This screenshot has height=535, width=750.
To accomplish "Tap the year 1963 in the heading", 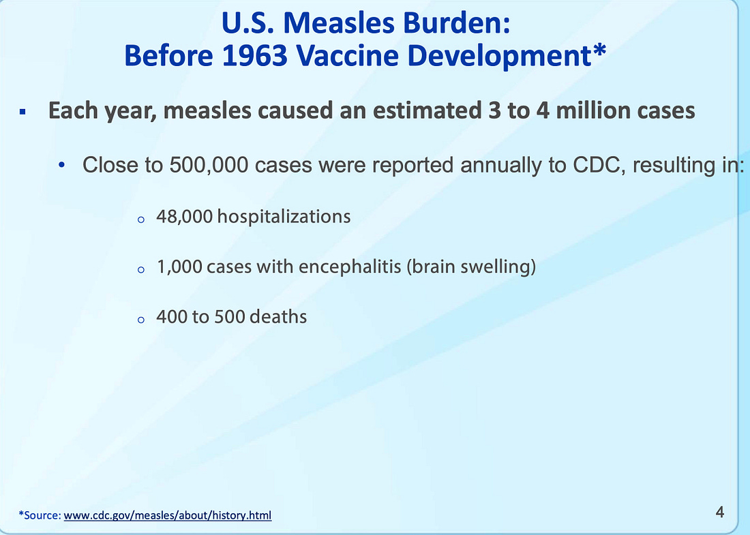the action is (254, 55).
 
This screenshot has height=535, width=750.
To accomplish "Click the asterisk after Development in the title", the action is (600, 50).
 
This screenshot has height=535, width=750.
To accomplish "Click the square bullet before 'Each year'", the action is (22, 112).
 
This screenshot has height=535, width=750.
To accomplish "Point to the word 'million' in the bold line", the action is (590, 110).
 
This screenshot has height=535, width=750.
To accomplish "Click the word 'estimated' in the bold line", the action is (427, 110).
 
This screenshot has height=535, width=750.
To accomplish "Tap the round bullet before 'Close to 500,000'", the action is (61, 166).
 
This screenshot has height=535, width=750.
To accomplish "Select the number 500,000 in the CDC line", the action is (209, 165).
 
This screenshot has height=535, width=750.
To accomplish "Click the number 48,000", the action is (184, 217).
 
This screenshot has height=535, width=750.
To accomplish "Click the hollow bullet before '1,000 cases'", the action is (140, 270).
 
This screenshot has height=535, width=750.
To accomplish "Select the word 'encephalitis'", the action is (350, 266).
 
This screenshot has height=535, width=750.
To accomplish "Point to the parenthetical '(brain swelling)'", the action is (471, 266).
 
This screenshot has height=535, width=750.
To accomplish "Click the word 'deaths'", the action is (278, 316).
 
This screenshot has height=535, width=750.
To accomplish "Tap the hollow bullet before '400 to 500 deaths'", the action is (140, 320).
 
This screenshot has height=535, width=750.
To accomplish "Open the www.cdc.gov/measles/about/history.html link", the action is (168, 515).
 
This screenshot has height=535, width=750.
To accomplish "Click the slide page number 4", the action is (720, 512).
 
